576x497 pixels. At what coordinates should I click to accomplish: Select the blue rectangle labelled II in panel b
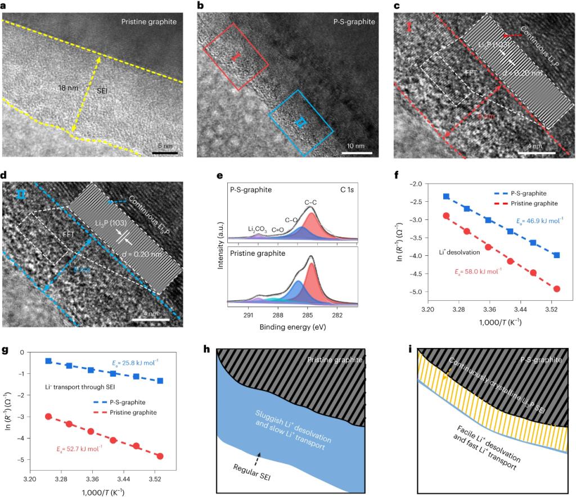coord(301,123)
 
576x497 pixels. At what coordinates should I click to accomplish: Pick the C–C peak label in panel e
coord(310,201)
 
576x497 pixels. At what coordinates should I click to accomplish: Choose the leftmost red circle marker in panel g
coord(49,416)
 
